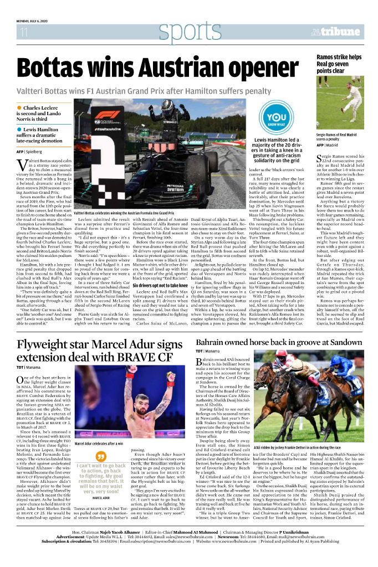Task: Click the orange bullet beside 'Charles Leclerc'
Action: (19, 108)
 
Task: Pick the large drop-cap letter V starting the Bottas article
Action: (22, 164)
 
